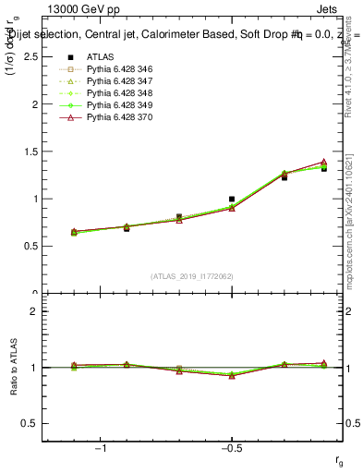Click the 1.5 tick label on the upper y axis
pyautogui.click(x=30, y=152)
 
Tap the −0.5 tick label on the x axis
pyautogui.click(x=231, y=450)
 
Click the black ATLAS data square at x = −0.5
pyautogui.click(x=232, y=199)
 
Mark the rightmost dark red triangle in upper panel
pyautogui.click(x=323, y=162)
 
